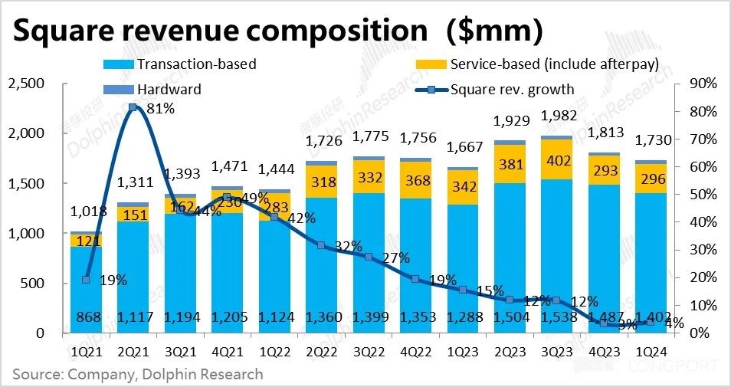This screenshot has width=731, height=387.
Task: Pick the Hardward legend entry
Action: click(169, 89)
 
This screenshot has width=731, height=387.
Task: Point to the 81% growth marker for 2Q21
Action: click(133, 107)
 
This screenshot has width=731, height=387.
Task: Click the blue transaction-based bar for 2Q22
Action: click(322, 261)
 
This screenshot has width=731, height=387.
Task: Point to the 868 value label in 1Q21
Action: click(86, 318)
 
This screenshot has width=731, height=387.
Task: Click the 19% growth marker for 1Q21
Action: click(86, 280)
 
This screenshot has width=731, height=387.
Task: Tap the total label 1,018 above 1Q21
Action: click(86, 212)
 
